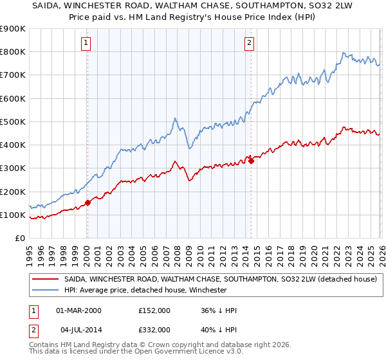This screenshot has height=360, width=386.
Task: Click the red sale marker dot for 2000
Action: [87, 203]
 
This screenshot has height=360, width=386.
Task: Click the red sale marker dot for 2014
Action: [251, 161]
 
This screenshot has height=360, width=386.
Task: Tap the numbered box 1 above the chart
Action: [86, 43]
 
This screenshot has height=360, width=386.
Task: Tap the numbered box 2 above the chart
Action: [249, 43]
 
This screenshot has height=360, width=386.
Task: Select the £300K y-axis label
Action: [13, 168]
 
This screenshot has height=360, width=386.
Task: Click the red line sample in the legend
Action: [45, 280]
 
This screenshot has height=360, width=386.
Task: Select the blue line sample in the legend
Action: [45, 290]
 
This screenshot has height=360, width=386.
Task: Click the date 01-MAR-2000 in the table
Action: [78, 310]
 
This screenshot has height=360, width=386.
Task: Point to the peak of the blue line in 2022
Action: [344, 53]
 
